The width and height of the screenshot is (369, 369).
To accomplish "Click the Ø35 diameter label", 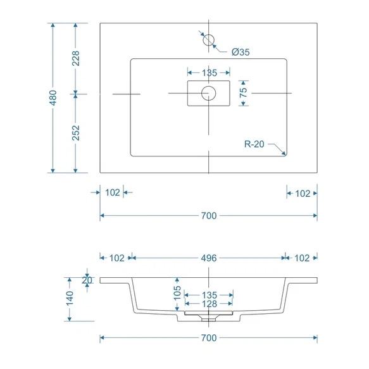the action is [x=241, y=52].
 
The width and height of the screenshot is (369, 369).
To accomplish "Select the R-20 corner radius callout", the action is [x=254, y=144].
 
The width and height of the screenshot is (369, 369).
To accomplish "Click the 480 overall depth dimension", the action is [x=53, y=97].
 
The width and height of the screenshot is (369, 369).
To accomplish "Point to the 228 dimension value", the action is [x=76, y=58].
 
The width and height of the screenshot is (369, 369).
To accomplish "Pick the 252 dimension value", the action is [x=76, y=133].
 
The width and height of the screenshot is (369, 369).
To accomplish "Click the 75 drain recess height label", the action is [x=243, y=92].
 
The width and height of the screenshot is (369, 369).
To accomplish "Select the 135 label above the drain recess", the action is [x=210, y=73].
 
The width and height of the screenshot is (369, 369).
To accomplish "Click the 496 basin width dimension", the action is [x=209, y=258].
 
